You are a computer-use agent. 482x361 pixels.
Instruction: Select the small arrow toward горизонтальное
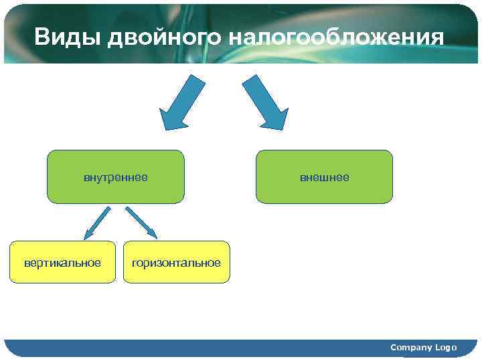click(141, 223)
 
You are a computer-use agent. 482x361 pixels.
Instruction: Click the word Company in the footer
click(412, 348)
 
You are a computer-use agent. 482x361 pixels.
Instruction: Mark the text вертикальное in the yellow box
click(63, 263)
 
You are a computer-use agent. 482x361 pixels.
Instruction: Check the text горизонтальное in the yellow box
click(176, 263)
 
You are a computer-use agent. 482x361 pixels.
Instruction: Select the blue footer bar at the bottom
click(201, 348)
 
